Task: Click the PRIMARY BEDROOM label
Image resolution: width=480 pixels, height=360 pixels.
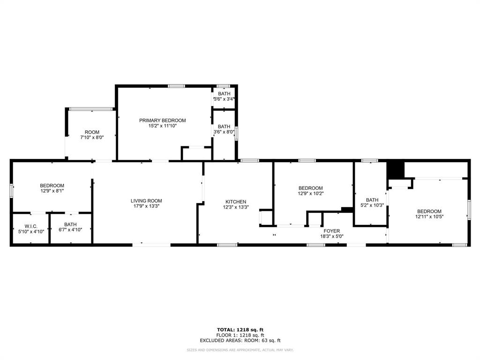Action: click(162, 120)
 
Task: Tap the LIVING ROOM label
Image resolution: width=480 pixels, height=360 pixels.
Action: click(146, 201)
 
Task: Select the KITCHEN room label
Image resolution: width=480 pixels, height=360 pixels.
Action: click(235, 202)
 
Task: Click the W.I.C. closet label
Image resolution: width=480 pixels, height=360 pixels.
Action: click(31, 226)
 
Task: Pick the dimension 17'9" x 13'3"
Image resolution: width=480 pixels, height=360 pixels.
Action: click(146, 207)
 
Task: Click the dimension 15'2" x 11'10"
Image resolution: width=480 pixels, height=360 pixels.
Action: click(162, 126)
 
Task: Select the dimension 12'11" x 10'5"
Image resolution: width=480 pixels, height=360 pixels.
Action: click(429, 217)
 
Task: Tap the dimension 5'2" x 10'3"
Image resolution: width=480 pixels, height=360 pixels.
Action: click(372, 205)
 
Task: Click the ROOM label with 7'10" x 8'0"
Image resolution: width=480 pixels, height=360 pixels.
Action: click(92, 132)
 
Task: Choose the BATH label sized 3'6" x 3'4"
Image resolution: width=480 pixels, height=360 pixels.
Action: click(224, 94)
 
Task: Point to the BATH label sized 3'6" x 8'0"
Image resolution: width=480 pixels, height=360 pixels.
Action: click(224, 127)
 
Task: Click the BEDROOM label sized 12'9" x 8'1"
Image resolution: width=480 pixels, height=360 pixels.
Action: click(52, 186)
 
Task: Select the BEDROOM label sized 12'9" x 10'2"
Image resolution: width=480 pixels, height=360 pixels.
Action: click(310, 188)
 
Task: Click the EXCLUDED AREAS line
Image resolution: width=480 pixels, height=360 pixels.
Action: click(240, 341)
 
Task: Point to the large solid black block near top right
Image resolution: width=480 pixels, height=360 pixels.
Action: click(395, 170)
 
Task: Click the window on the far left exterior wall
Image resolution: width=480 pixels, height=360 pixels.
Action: click(11, 191)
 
